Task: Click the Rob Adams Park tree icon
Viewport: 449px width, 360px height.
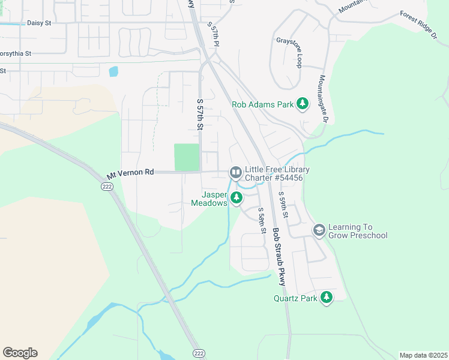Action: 302,104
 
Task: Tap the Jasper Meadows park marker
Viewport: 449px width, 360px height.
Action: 237,197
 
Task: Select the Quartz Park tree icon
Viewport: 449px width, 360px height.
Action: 327,298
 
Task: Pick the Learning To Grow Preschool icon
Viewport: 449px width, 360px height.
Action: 319,230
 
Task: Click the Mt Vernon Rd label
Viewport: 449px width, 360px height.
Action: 130,173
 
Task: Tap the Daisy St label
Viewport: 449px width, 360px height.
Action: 40,23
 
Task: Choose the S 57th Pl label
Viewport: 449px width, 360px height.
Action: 214,35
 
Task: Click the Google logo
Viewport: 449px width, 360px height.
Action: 20,353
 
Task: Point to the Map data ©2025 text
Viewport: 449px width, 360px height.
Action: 423,355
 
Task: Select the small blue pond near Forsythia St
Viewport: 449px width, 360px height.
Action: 113,71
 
